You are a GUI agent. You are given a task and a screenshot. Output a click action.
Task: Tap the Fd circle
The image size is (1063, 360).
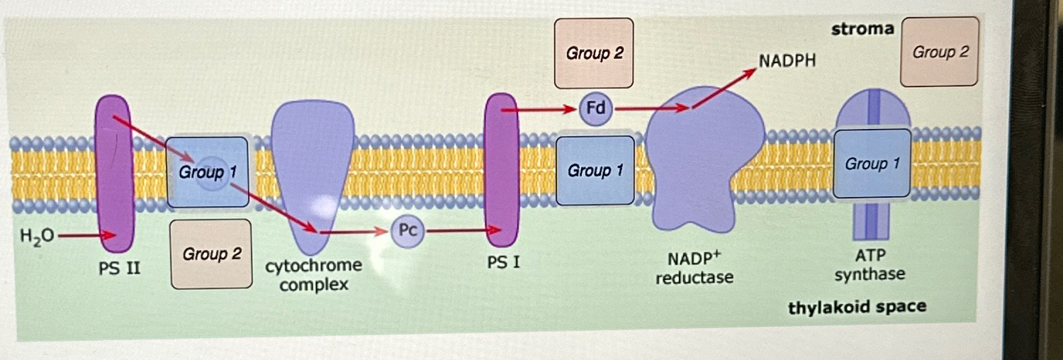595,110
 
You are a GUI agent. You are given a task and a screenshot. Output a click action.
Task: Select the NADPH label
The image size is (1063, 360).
787,61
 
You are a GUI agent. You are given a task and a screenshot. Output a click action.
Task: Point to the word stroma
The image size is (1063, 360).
862,29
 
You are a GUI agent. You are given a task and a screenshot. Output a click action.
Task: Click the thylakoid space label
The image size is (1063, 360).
857,308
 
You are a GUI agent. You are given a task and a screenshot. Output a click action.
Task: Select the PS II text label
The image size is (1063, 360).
117,270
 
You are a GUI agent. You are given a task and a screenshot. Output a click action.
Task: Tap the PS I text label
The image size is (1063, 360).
503,264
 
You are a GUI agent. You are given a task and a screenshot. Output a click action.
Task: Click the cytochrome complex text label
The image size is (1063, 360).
313,276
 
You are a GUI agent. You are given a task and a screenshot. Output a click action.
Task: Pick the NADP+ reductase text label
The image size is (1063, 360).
694,268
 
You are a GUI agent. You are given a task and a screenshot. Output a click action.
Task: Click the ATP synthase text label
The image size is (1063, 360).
869,264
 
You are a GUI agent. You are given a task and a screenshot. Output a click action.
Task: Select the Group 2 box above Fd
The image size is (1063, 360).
594,53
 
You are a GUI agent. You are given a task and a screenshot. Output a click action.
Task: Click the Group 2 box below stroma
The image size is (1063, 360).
940,52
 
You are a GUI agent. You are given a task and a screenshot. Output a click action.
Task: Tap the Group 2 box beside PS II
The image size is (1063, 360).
211,254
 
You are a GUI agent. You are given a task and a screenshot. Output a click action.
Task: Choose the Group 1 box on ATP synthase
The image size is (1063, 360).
872,164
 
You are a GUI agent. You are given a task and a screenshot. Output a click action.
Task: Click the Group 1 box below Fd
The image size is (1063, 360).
595,170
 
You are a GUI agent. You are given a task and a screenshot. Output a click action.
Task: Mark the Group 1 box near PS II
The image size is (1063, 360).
207,172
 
